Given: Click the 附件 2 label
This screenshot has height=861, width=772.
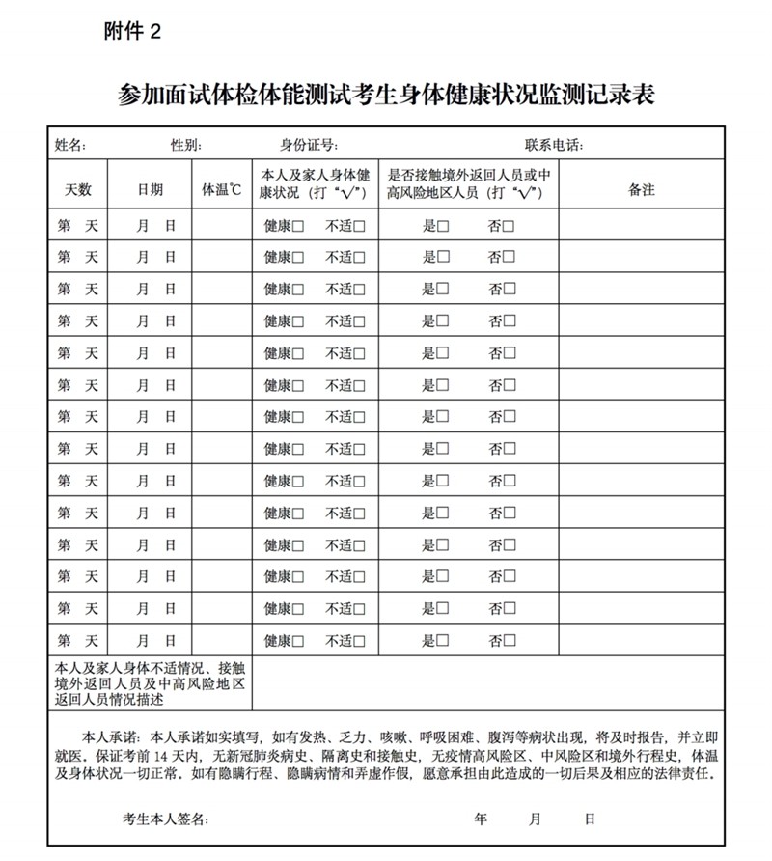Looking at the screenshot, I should [132, 32].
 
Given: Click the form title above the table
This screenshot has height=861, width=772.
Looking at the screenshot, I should [386, 94].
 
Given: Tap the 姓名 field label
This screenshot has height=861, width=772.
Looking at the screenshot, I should [70, 145].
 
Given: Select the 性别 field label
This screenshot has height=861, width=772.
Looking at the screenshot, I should [185, 145].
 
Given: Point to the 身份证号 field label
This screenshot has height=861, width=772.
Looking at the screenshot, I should [309, 145].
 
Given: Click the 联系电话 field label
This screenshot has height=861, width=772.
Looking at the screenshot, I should [554, 145].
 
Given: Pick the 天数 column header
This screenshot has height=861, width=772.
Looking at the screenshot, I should [77, 190].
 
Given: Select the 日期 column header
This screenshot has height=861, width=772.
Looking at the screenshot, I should [150, 190].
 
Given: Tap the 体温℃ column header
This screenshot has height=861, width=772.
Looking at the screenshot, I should [221, 190].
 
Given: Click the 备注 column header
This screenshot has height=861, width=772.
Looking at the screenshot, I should [641, 190].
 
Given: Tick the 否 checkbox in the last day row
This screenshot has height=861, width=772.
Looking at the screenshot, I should [508, 641].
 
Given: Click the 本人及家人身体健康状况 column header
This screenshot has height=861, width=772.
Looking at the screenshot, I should [316, 183].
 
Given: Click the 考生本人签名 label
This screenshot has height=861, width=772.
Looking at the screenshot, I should [164, 819].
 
